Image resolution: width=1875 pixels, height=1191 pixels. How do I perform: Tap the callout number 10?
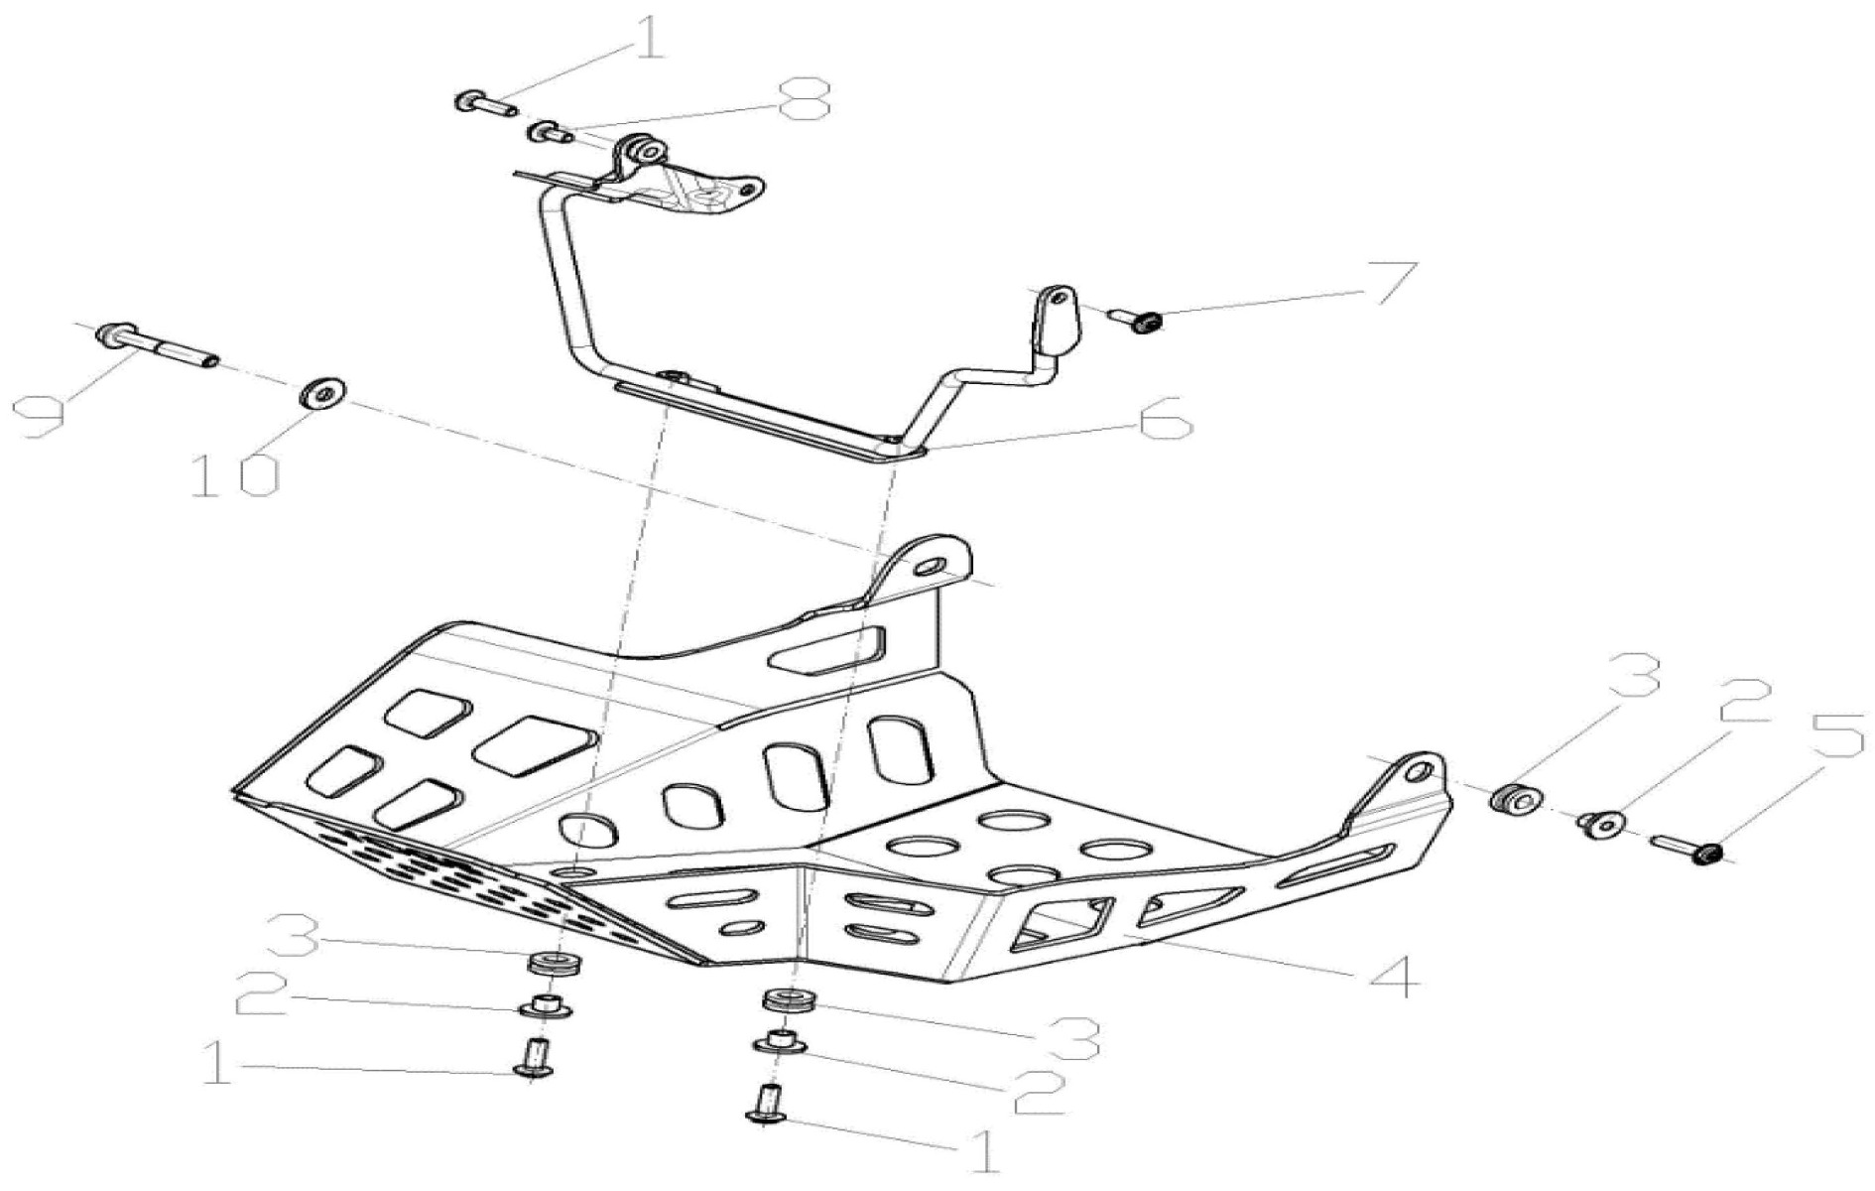235,476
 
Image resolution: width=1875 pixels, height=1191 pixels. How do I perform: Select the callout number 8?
804,99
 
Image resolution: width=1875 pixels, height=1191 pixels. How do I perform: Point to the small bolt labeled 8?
547,131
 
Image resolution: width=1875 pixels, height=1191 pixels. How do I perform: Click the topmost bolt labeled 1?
481,101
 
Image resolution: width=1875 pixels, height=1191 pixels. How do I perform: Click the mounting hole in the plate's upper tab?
932,567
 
